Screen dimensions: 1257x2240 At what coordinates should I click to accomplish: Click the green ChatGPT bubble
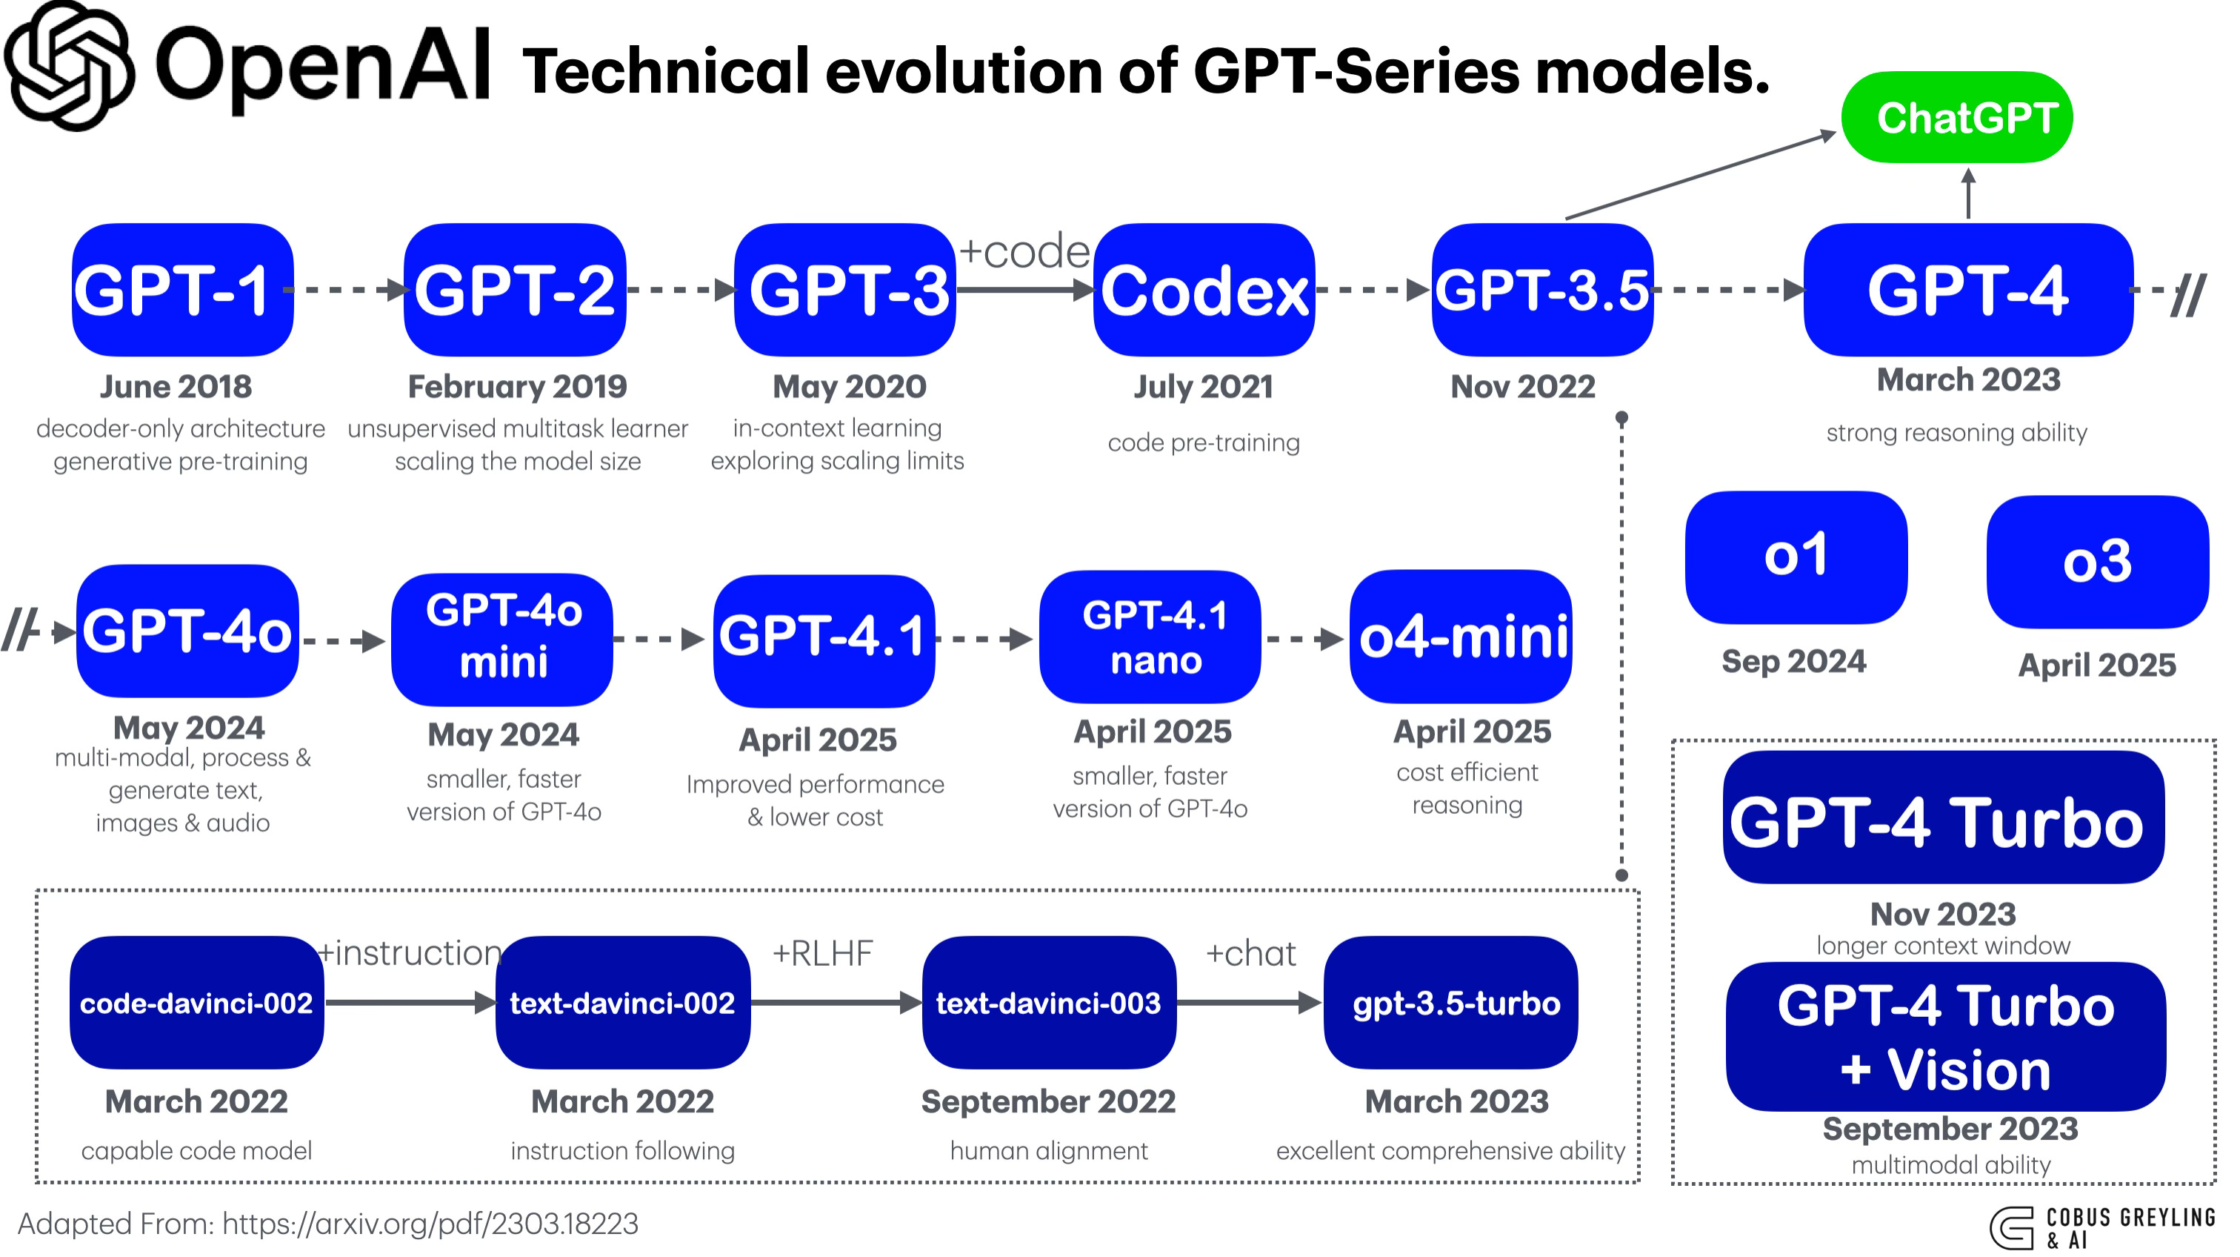(1956, 117)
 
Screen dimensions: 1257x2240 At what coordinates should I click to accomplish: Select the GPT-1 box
(183, 290)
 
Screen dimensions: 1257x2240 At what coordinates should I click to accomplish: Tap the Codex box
(1204, 290)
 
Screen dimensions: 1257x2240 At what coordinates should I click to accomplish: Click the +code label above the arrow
(1024, 252)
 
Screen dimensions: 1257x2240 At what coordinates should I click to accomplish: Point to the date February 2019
(516, 386)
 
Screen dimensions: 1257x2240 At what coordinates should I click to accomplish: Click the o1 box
(1796, 557)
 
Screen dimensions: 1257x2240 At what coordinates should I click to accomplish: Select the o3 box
(2096, 562)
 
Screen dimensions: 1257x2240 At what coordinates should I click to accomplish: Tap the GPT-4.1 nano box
(1150, 637)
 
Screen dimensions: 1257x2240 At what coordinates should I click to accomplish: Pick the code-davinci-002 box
(196, 1002)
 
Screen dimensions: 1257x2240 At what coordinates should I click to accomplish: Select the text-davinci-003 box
(1049, 1002)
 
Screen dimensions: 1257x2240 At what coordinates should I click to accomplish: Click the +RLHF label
(821, 953)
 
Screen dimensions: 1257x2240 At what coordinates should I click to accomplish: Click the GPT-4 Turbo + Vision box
(1945, 1036)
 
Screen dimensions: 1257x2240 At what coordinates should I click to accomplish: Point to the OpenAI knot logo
(70, 66)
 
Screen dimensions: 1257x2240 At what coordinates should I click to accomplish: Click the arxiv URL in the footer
(430, 1224)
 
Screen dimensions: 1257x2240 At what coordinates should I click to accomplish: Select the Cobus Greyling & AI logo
(2103, 1227)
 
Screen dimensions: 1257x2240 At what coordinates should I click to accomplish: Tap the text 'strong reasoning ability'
(1956, 432)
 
